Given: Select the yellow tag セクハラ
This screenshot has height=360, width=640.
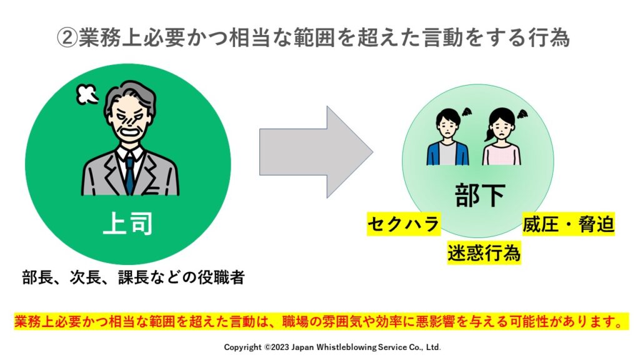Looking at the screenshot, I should point(402,224).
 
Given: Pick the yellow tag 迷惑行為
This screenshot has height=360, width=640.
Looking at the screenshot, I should point(484,252).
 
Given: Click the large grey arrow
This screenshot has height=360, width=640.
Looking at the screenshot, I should point(316,152).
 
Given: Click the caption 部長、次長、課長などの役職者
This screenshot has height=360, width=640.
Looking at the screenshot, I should point(132,277).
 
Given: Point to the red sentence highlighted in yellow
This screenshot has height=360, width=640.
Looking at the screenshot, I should point(321,322).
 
